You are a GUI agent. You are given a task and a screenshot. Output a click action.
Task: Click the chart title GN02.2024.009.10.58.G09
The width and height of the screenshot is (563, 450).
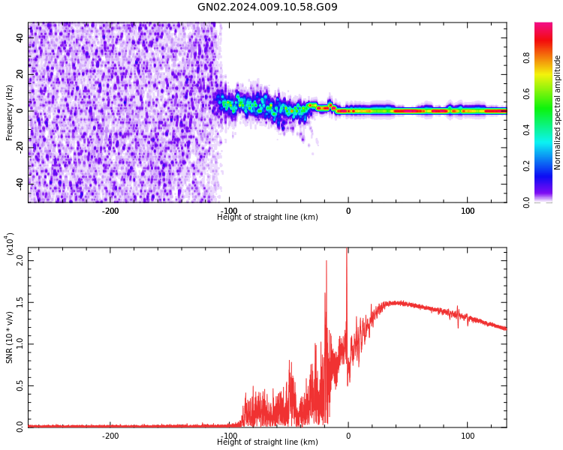267,7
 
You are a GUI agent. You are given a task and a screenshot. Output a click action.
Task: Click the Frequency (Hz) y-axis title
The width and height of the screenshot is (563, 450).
10,112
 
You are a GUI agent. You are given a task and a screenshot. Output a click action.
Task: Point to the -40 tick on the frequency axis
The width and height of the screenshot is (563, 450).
20,184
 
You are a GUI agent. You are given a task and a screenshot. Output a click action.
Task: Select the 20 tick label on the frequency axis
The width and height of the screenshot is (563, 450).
20,74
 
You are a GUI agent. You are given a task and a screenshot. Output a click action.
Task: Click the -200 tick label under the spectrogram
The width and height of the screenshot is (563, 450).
110,211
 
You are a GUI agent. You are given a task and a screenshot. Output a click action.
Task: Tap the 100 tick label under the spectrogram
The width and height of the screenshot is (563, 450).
467,211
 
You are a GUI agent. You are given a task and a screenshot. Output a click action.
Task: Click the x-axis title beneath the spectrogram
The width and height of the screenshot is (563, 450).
267,217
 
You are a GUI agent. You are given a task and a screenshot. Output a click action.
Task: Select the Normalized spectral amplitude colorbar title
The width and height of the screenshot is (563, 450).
558,112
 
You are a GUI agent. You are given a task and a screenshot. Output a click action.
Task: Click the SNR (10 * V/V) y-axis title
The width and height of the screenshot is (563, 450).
10,337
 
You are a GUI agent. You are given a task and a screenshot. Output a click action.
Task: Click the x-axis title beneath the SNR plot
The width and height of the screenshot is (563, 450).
267,442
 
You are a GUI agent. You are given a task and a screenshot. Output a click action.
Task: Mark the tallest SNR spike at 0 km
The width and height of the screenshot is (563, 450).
347,250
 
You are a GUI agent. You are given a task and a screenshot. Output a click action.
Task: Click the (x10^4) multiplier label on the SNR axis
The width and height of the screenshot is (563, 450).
10,244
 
